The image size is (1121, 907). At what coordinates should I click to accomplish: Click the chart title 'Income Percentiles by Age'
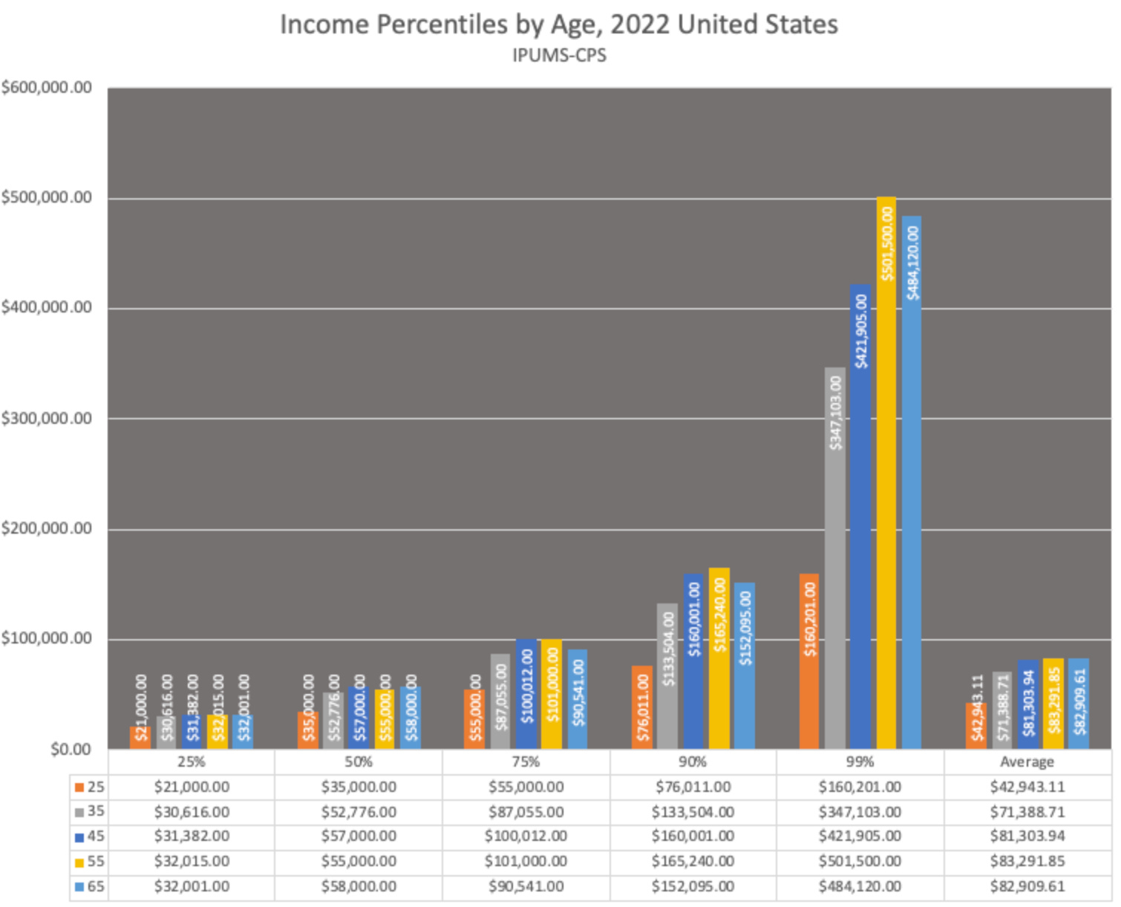tap(558, 24)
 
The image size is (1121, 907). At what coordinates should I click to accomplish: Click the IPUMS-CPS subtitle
tap(558, 56)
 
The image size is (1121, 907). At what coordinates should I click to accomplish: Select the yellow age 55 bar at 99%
tap(886, 475)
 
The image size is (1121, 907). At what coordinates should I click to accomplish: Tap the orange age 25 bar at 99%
tap(809, 661)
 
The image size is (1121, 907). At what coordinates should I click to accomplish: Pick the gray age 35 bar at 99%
tap(835, 557)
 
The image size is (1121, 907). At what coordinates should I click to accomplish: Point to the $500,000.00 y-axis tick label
tap(47, 197)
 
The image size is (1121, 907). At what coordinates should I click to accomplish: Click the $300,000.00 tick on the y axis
tap(47, 419)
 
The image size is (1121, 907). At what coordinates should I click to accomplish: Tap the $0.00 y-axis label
tap(71, 750)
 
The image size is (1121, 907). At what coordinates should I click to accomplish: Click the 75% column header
tap(526, 762)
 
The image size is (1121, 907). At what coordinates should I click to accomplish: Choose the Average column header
tap(1027, 762)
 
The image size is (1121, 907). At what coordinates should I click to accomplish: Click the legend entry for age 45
tap(90, 836)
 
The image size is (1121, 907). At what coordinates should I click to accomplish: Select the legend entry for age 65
tap(90, 887)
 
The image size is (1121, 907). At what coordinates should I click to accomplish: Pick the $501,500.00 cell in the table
tap(860, 862)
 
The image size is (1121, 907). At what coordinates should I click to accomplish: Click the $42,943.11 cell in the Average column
tap(1027, 787)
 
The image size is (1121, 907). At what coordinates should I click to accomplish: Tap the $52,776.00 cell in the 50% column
tap(359, 812)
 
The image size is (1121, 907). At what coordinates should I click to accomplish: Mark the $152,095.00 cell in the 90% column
tap(693, 887)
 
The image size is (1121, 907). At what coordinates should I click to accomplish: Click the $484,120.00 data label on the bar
tap(912, 263)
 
